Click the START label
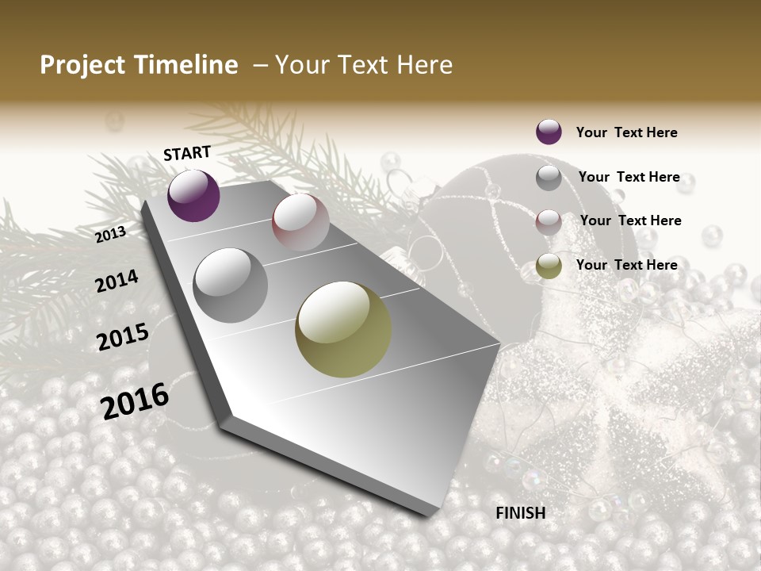coord(187,153)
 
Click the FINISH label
coord(520,513)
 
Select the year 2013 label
coord(111,234)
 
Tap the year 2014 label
coord(117,281)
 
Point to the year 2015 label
coord(123,337)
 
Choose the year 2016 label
coord(135,400)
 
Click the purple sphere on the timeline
coord(193,196)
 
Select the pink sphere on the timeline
coord(300,222)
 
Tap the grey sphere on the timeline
coord(231,285)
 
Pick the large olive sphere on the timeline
coord(343,329)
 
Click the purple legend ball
coord(549,132)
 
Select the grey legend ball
coord(549,178)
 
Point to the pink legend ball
coord(549,221)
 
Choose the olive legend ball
coord(549,266)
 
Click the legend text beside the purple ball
coord(626,132)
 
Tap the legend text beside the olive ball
coord(626,265)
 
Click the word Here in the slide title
coord(424,65)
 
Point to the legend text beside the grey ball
coord(629,177)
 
